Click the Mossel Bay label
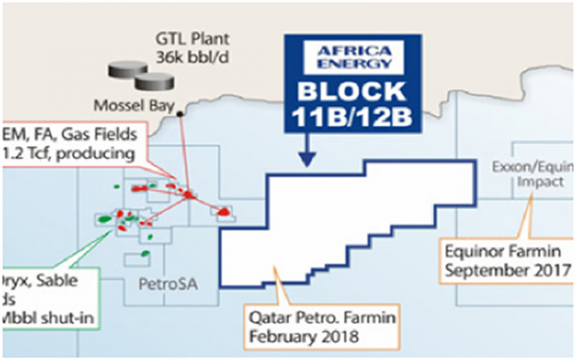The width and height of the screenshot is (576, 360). coord(125,104)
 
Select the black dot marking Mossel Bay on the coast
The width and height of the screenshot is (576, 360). coord(181,115)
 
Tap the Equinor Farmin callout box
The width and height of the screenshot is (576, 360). coord(507,259)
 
